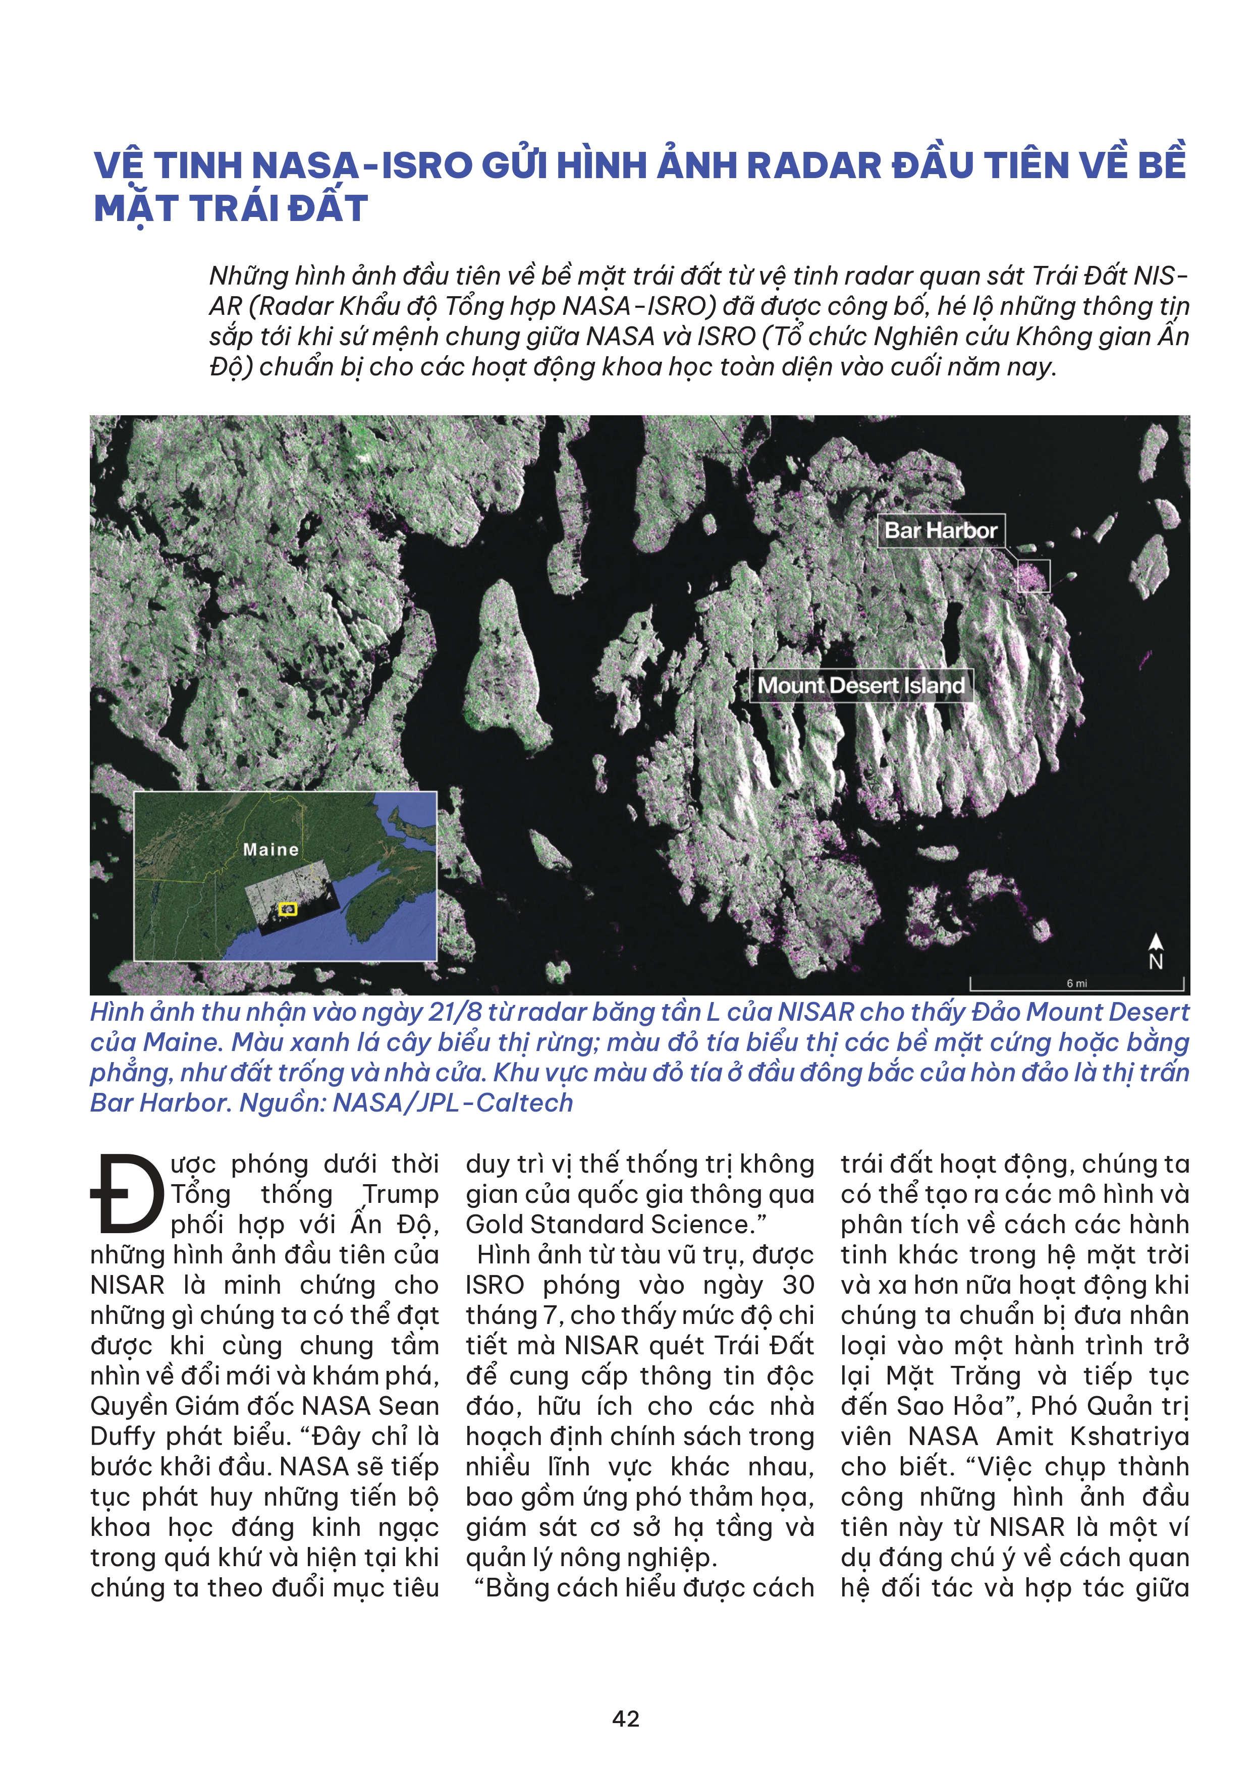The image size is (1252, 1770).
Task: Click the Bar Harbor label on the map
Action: point(941,530)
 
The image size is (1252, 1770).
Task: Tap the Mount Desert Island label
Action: point(860,685)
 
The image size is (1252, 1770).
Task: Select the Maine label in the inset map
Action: point(270,850)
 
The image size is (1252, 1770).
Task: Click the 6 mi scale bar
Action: point(1076,984)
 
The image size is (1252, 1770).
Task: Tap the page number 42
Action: point(625,1719)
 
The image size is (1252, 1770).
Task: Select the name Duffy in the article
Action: point(123,1436)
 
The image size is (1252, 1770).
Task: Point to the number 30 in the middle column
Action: point(798,1285)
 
